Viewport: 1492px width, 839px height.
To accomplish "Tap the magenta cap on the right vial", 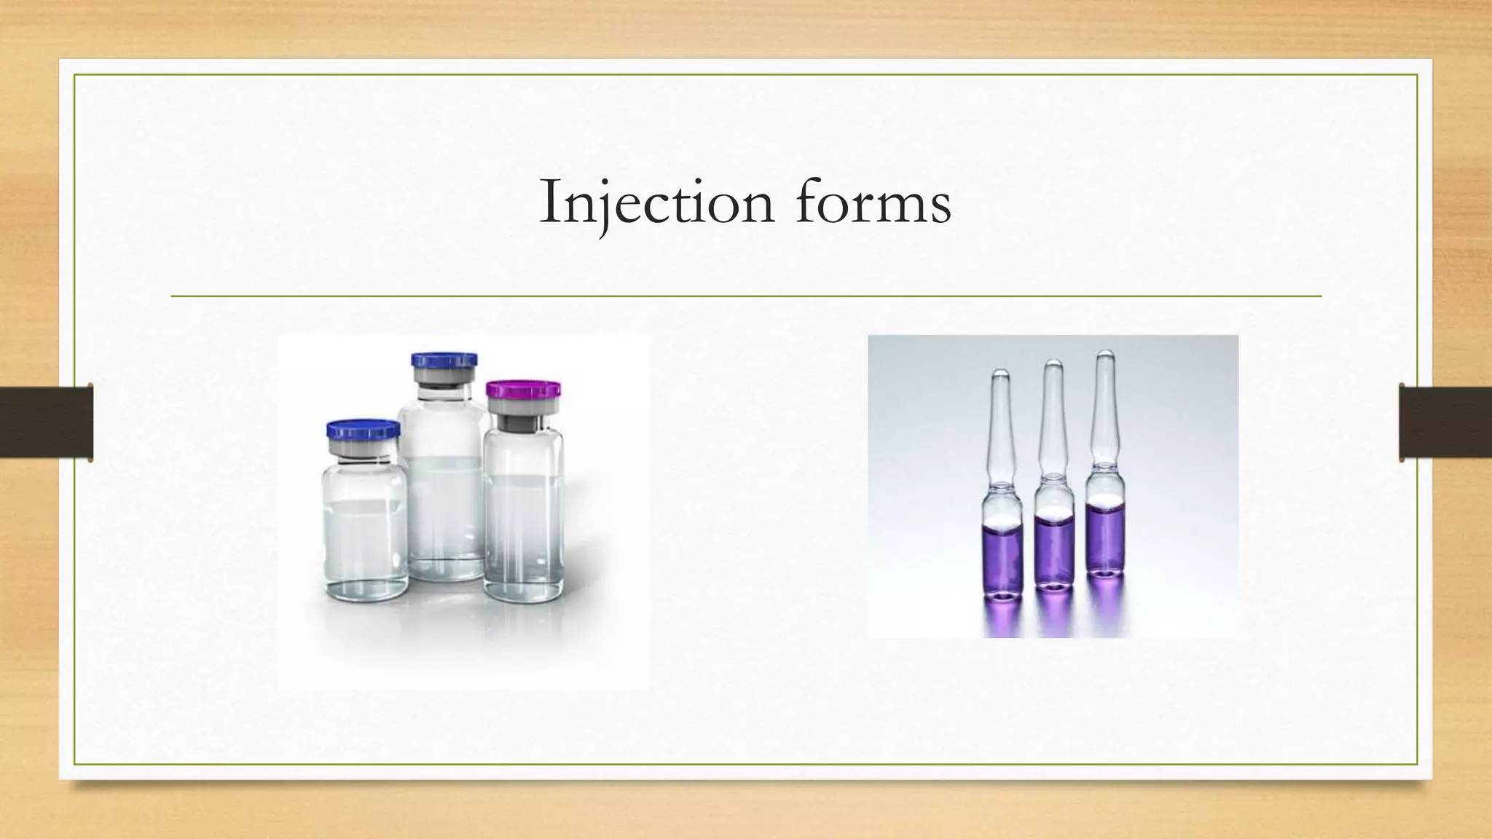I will pos(523,389).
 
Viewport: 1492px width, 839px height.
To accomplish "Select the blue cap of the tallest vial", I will pos(444,361).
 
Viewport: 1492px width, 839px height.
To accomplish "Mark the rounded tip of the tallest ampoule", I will pos(1105,356).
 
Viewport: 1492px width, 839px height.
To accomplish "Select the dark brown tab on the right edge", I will pos(1445,422).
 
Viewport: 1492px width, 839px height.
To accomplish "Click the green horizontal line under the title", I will pos(746,296).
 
